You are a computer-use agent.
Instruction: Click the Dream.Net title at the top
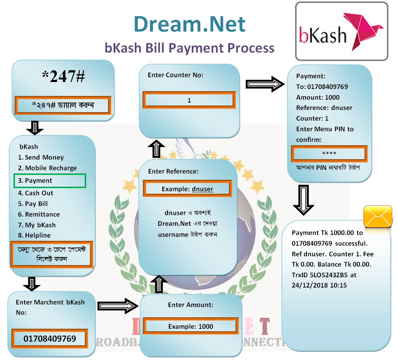coord(190,25)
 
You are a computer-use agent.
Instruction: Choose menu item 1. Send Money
coord(41,157)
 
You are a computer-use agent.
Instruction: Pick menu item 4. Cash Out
coord(36,193)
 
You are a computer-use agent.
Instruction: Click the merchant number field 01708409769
coord(50,339)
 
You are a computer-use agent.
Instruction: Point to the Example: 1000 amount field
coord(190,327)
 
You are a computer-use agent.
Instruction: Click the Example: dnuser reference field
coord(187,189)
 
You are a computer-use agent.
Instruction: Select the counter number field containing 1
coord(189,100)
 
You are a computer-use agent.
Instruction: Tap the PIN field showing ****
coord(329,154)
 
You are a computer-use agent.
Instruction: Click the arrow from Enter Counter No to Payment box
coord(265,84)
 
